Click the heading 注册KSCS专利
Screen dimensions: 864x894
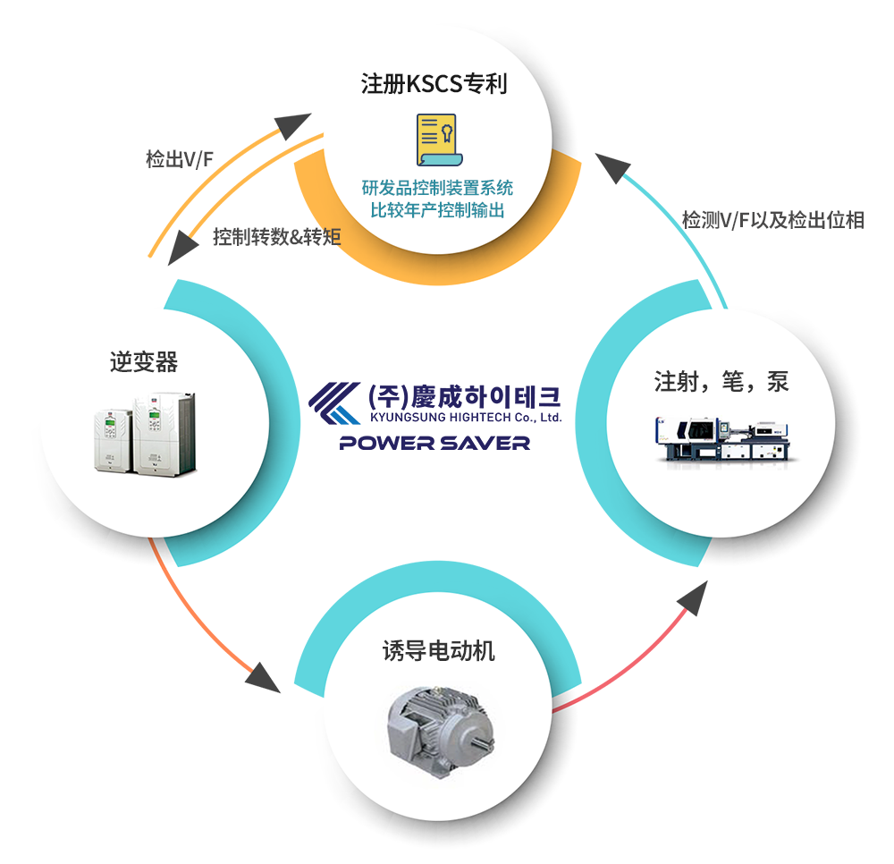pos(434,84)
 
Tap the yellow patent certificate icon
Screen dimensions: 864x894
pos(436,140)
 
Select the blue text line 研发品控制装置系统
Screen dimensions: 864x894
pos(437,188)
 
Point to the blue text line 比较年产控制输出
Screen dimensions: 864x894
pos(437,211)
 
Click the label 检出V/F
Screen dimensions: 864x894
pos(179,160)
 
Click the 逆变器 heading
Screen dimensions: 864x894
pos(144,361)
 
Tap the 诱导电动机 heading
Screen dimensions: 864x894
pos(438,650)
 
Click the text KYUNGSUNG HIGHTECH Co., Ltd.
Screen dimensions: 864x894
pos(465,418)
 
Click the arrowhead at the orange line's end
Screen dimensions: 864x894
pos(263,675)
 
